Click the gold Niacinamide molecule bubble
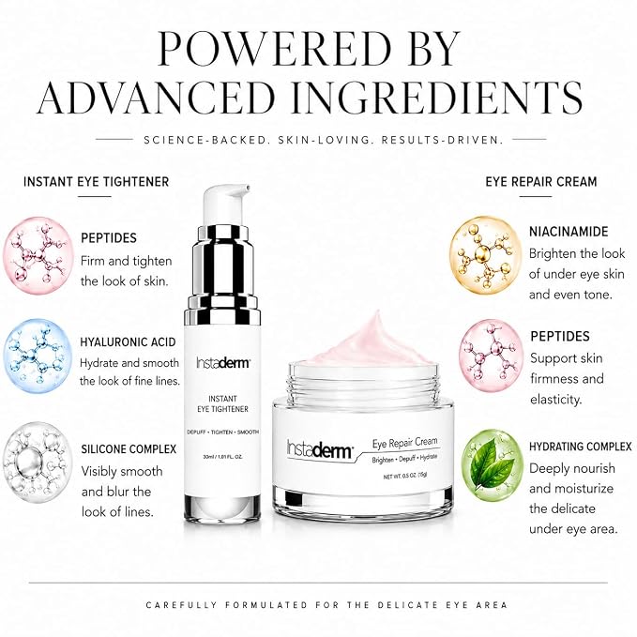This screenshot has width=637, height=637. pyautogui.click(x=485, y=254)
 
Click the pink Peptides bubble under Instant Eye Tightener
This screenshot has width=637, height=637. pyautogui.click(x=38, y=255)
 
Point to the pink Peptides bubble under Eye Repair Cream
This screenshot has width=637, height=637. pyautogui.click(x=492, y=356)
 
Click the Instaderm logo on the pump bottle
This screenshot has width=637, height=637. pyautogui.click(x=222, y=362)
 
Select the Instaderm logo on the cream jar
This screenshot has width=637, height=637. pyautogui.click(x=320, y=449)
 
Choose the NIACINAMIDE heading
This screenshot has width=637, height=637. pyautogui.click(x=569, y=232)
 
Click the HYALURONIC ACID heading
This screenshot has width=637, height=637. pyautogui.click(x=128, y=342)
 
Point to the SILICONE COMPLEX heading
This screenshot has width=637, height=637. pyautogui.click(x=129, y=449)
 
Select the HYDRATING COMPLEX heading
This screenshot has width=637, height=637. pyautogui.click(x=580, y=447)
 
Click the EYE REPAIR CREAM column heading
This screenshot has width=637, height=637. pyautogui.click(x=541, y=182)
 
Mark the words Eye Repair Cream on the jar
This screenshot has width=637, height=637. pyautogui.click(x=404, y=443)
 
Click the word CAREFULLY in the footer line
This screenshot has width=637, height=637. pyautogui.click(x=181, y=605)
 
